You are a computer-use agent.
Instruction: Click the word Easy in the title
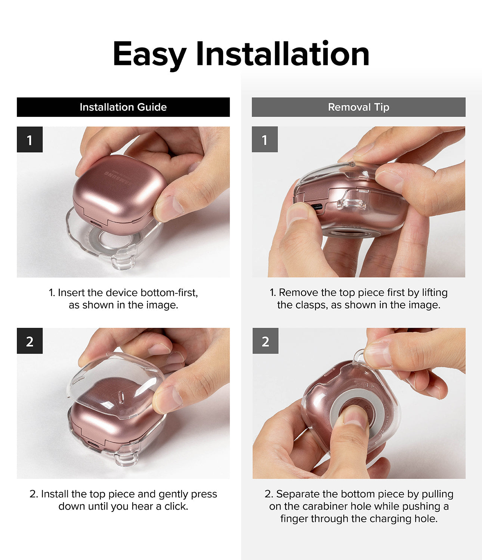click(149, 55)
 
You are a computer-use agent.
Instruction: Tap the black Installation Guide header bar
click(123, 107)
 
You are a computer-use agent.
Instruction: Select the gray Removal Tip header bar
click(358, 107)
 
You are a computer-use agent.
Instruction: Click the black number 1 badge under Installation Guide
click(30, 140)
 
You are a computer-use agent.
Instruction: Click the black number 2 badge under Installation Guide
click(30, 341)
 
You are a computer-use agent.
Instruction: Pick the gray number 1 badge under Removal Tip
click(265, 140)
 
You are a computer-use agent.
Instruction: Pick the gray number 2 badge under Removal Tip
click(265, 341)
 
